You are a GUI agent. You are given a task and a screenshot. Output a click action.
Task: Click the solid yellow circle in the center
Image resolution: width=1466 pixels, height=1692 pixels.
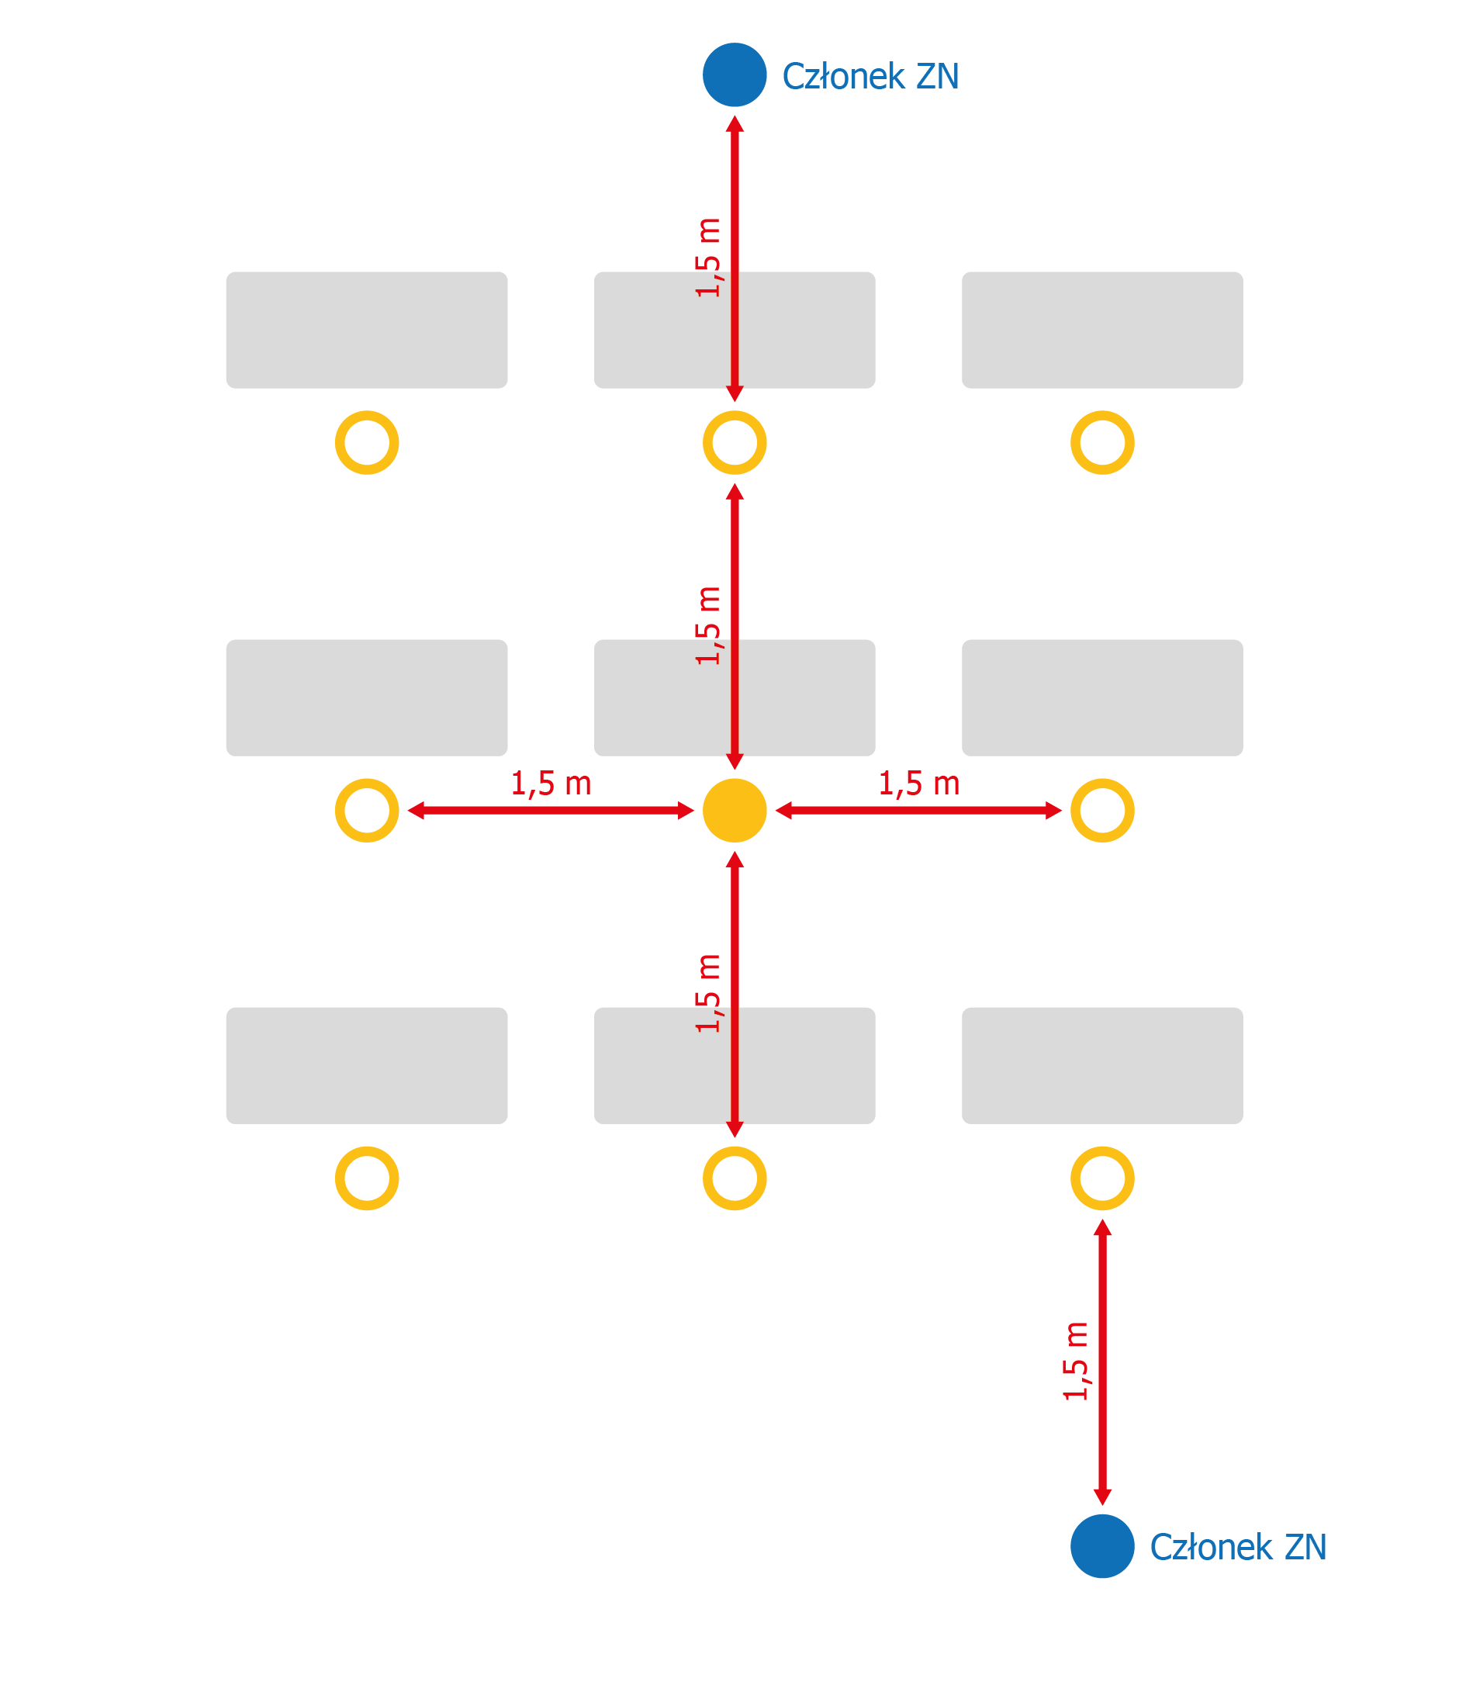(x=735, y=811)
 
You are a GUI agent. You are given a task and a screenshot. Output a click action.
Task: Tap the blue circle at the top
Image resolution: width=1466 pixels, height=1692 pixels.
(x=735, y=74)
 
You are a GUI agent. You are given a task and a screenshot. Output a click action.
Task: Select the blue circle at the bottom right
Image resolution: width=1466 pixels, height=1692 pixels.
(x=1102, y=1546)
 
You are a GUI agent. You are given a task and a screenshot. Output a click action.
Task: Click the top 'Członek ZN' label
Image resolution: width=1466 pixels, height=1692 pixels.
(x=870, y=76)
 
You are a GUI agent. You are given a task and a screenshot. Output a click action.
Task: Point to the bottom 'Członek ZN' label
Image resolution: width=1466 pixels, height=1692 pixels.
(x=1238, y=1548)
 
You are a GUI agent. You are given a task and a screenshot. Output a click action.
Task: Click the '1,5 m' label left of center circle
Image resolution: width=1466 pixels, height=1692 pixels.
(x=551, y=784)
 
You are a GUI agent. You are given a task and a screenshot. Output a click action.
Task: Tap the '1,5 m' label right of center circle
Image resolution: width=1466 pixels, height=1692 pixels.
(x=918, y=784)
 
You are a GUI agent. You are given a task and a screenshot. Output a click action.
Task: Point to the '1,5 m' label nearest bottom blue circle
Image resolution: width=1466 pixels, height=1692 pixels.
(x=1076, y=1362)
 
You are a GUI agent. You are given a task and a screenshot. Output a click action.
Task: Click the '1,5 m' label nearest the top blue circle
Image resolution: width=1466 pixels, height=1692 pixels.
(x=708, y=258)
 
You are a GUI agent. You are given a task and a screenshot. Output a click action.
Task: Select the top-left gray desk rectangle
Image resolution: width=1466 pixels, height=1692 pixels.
(x=366, y=330)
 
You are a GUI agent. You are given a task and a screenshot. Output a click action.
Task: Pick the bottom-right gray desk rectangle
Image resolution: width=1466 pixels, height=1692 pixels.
(x=1102, y=1066)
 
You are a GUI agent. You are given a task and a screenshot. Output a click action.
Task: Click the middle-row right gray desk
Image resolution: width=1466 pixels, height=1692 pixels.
(x=1102, y=698)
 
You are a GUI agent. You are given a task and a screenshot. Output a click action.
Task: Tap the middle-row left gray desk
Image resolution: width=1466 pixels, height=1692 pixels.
(x=366, y=698)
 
